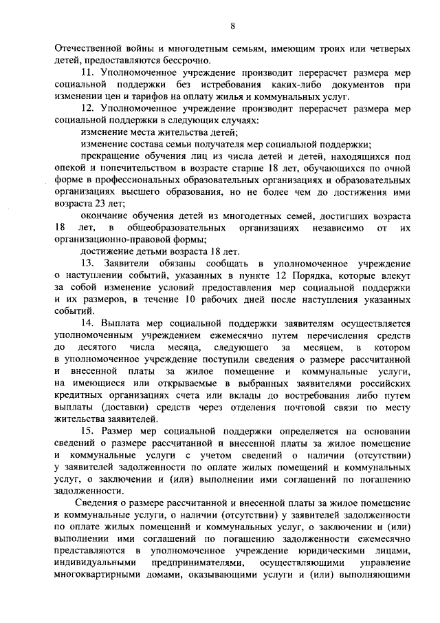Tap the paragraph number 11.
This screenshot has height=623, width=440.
87,72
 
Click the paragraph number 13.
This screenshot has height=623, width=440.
87,264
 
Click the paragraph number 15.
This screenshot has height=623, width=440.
87,431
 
